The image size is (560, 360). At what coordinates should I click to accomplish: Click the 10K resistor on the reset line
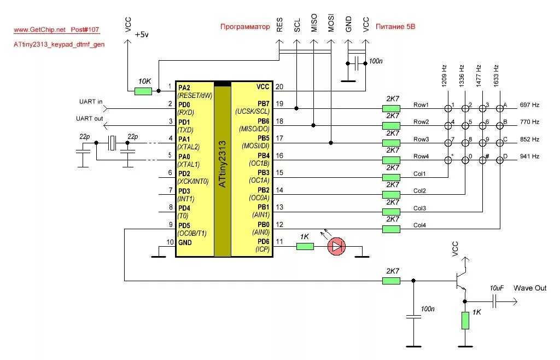click(143, 91)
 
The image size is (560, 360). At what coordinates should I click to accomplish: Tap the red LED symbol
click(336, 246)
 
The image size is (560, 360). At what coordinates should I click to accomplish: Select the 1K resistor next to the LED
click(305, 246)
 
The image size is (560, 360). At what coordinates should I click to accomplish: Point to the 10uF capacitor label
click(497, 288)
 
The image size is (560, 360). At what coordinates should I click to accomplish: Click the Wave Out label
click(530, 288)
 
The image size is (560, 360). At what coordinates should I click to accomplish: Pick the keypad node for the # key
click(482, 160)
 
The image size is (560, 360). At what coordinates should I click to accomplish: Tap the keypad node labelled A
click(500, 108)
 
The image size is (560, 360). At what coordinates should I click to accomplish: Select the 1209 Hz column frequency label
click(444, 76)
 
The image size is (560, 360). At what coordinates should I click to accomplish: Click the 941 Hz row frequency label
click(529, 156)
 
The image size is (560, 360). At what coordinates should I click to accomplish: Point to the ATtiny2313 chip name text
click(222, 164)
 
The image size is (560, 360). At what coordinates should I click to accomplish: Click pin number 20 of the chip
click(279, 87)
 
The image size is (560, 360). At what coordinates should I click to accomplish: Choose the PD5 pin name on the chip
click(184, 226)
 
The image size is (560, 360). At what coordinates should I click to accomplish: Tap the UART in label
click(91, 102)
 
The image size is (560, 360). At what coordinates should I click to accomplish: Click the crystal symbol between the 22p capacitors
click(112, 143)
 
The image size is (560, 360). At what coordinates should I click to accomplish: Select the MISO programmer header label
click(314, 23)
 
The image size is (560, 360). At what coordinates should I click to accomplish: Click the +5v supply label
click(142, 34)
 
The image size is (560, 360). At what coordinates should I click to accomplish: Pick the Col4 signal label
click(419, 225)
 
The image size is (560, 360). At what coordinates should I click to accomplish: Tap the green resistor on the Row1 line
click(391, 108)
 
